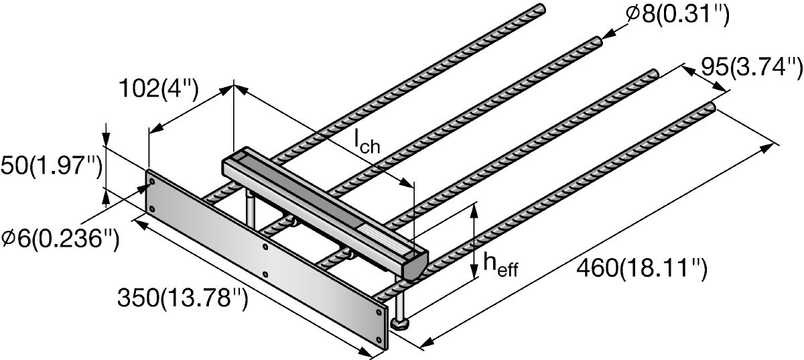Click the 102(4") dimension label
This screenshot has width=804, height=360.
pos(158,88)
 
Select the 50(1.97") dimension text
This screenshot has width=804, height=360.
pos(50,165)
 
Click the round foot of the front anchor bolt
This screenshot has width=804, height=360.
pos(401,325)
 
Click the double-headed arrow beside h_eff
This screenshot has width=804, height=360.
pos(474,242)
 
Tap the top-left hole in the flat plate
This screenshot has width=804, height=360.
pos(152,181)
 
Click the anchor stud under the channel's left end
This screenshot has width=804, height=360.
pos(249,208)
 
